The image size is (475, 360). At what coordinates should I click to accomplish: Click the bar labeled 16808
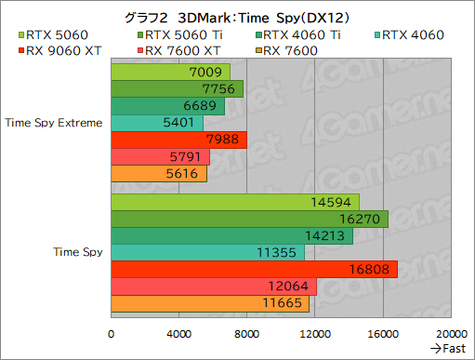point(254,269)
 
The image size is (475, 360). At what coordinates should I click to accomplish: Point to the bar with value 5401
point(156,123)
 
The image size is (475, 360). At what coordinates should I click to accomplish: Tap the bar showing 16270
point(249,219)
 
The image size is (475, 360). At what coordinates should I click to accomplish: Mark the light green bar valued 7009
point(170,72)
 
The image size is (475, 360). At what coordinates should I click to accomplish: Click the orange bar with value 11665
point(210,303)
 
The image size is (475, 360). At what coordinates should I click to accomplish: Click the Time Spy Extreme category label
point(54,122)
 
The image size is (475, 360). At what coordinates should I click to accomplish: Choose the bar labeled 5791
point(160,156)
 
